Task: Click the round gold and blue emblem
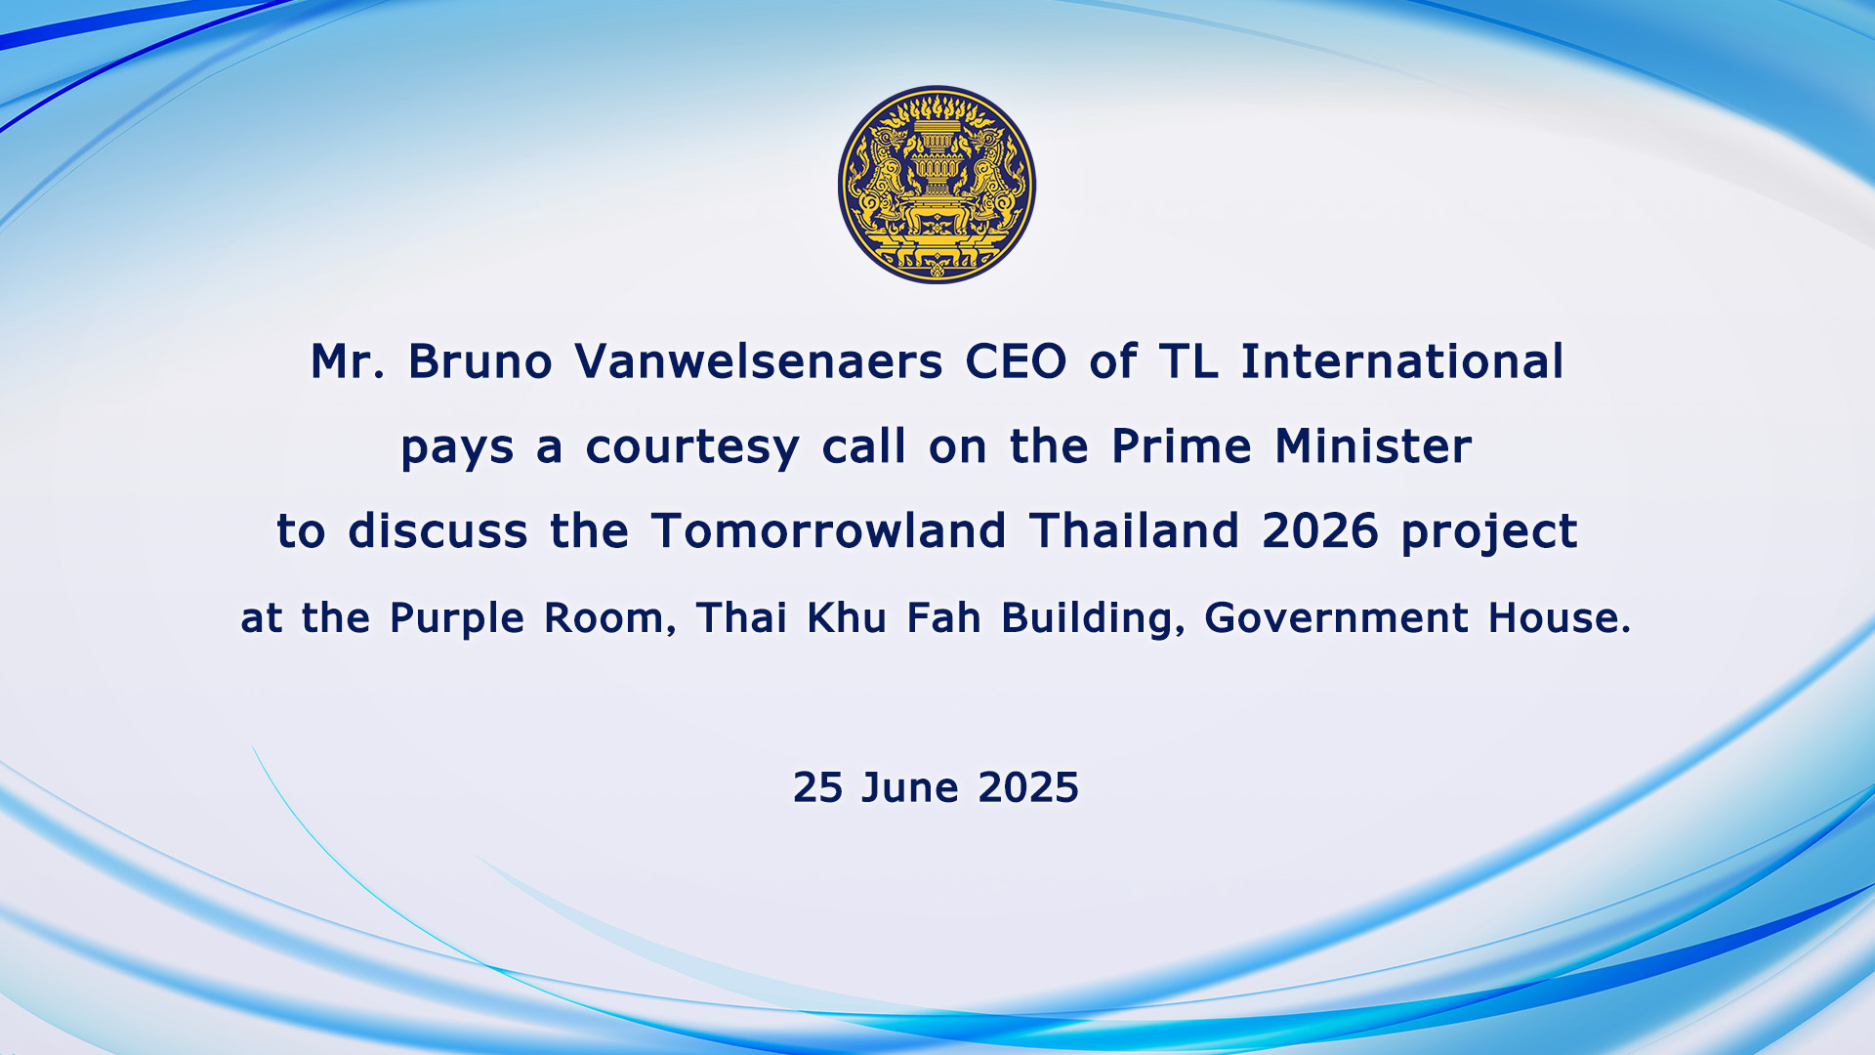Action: [937, 185]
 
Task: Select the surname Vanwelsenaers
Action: [759, 361]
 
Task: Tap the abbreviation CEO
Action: [1016, 361]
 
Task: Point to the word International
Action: [1402, 361]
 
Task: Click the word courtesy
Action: [692, 448]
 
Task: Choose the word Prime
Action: [1182, 446]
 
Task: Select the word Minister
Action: [1373, 446]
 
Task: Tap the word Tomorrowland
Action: [829, 531]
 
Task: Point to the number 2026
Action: [1320, 531]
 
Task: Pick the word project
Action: [1489, 533]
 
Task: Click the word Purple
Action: [457, 619]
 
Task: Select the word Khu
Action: [847, 618]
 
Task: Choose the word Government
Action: [1336, 618]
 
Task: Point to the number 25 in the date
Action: [817, 787]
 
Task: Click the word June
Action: [909, 787]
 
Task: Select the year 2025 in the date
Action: [1028, 787]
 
